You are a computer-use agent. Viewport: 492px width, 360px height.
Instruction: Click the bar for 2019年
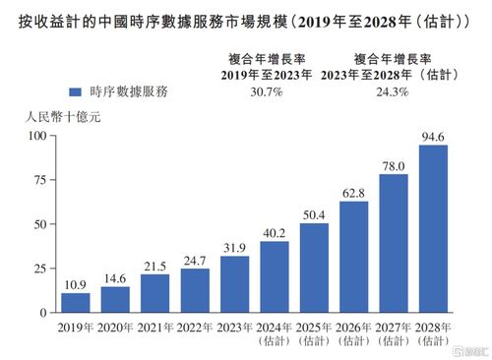click(x=75, y=302)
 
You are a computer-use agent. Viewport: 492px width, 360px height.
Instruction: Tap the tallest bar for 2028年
click(x=433, y=228)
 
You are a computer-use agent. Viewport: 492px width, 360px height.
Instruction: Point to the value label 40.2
click(x=274, y=233)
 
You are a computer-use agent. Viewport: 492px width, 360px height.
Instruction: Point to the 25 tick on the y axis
click(x=40, y=269)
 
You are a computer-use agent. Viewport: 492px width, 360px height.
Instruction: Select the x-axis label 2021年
click(x=155, y=327)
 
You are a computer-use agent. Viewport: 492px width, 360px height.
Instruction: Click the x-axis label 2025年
click(x=313, y=327)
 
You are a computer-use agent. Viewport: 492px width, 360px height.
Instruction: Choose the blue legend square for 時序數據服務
click(x=74, y=91)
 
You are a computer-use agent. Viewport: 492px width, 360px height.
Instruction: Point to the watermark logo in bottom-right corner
click(x=466, y=346)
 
